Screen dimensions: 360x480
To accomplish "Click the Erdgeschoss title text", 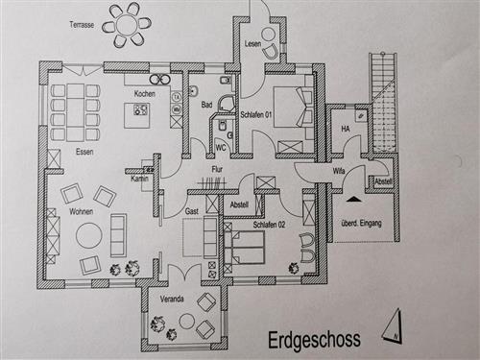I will coord(313,341).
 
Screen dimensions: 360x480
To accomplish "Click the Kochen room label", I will coord(145,93).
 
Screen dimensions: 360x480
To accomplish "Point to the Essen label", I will coord(84,152).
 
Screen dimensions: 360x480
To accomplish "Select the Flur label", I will coord(217,171).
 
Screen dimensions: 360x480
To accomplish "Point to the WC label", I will coord(220,148).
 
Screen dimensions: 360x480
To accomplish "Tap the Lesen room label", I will coord(252,45).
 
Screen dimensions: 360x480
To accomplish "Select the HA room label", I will coord(345,128).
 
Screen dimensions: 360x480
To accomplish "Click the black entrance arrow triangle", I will coord(354,199).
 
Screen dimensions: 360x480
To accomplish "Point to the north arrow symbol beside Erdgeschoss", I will coord(392,328).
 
